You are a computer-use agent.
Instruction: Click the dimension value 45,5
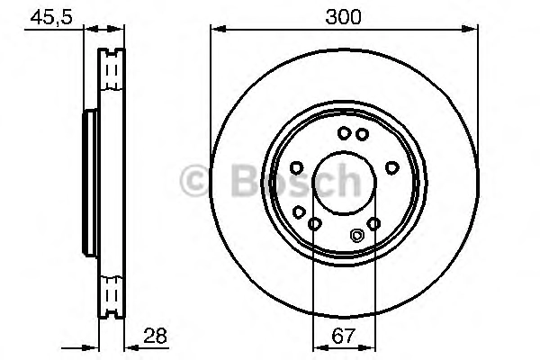point(51,17)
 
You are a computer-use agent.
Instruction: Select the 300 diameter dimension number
point(344,17)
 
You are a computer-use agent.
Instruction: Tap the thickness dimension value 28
point(156,336)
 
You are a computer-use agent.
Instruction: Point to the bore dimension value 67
point(344,336)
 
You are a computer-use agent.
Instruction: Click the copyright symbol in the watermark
point(193,181)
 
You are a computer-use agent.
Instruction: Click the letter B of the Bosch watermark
point(245,181)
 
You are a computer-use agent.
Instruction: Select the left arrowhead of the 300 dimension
point(218,30)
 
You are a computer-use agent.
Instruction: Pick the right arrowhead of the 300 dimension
point(470,30)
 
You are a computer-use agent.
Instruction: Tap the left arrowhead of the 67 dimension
point(320,348)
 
